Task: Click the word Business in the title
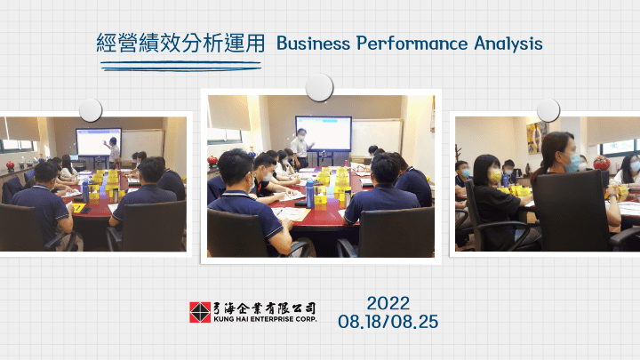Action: tap(313, 44)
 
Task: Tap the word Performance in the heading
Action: tap(412, 44)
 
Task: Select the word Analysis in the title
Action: tap(508, 44)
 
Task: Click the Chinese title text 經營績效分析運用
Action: tap(180, 43)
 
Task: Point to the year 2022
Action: tap(388, 303)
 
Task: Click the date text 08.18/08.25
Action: tap(388, 322)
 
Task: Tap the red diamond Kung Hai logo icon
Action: tap(200, 312)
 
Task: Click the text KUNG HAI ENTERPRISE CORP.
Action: tap(265, 319)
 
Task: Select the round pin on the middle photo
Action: tap(319, 87)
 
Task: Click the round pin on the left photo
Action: tap(90, 110)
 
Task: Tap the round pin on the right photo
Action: tap(548, 110)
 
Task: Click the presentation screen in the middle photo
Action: tap(324, 133)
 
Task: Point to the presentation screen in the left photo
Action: tap(99, 142)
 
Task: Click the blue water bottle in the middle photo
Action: tap(310, 194)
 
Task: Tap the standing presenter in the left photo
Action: tap(113, 153)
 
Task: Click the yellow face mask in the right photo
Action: tap(495, 177)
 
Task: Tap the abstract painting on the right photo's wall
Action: tap(536, 138)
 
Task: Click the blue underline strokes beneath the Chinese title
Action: tap(180, 66)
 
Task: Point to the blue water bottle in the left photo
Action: tap(85, 192)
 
